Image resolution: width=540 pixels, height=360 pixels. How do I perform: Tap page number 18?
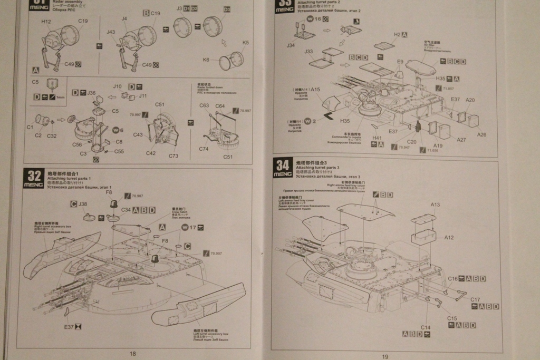tap(132, 353)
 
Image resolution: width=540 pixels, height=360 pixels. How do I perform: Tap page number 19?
tap(385, 356)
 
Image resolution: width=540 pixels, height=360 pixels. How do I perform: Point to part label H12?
tap(46, 22)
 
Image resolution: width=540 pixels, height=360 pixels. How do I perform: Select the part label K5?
tap(245, 43)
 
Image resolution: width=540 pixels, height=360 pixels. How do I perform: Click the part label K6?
tap(206, 60)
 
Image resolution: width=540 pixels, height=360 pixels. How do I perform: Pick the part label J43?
tap(110, 32)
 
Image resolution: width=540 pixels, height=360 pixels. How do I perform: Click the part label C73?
tap(173, 156)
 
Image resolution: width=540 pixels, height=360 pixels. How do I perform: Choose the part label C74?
tap(204, 149)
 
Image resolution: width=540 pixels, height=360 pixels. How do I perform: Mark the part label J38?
tap(83, 203)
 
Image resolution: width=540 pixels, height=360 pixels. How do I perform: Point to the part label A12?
tap(448, 237)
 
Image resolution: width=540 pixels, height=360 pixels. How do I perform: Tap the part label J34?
tap(291, 45)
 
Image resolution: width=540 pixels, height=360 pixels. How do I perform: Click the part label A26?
tap(481, 134)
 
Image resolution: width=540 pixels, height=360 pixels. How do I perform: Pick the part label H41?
tap(377, 138)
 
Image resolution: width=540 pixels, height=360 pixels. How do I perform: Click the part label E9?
tap(400, 62)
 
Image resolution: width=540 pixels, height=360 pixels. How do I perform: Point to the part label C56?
tap(77, 144)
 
